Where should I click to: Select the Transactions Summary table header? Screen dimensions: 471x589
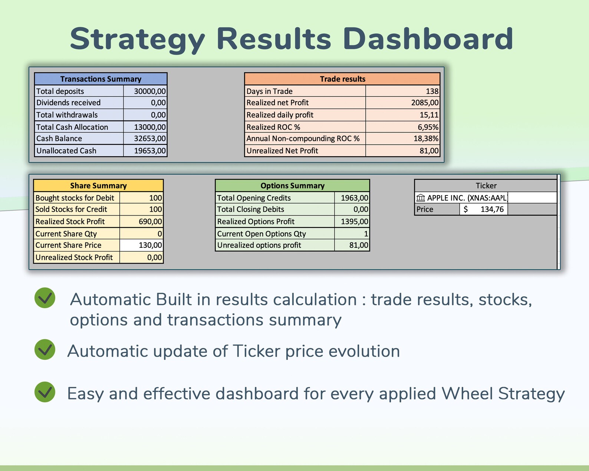pyautogui.click(x=101, y=79)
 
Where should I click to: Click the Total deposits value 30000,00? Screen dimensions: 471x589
pyautogui.click(x=149, y=91)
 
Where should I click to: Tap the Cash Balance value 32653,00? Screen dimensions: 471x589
pyautogui.click(x=149, y=139)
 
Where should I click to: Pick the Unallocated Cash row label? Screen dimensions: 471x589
pyautogui.click(x=66, y=151)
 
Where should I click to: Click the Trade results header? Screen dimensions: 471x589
pyautogui.click(x=342, y=79)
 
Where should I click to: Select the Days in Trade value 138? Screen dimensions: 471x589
pyautogui.click(x=432, y=91)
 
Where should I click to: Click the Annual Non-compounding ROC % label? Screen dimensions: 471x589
pyautogui.click(x=303, y=139)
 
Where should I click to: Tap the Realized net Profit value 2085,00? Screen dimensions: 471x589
pyautogui.click(x=425, y=103)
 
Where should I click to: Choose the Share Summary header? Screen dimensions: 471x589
pyautogui.click(x=98, y=185)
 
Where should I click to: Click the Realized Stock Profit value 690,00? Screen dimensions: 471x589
pyautogui.click(x=150, y=221)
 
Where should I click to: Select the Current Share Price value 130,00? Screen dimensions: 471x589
pyautogui.click(x=150, y=245)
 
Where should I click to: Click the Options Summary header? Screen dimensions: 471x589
pyautogui.click(x=292, y=185)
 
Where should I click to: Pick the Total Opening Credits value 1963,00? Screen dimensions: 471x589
pyautogui.click(x=354, y=198)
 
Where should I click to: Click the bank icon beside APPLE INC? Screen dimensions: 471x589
pyautogui.click(x=420, y=198)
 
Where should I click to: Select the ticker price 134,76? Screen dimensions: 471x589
pyautogui.click(x=492, y=210)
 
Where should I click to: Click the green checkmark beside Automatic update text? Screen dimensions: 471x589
pyautogui.click(x=45, y=349)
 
